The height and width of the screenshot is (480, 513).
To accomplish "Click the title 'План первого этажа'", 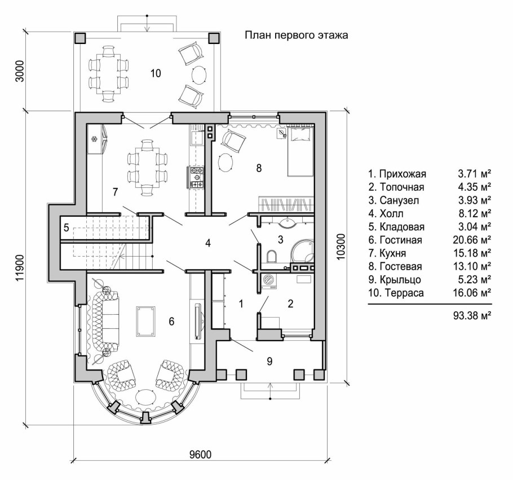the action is [x=297, y=35].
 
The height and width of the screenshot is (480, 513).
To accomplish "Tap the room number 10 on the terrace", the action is [x=156, y=73].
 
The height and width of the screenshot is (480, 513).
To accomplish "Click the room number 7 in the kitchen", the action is [x=115, y=192].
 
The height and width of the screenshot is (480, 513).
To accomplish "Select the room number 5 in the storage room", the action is [x=67, y=227].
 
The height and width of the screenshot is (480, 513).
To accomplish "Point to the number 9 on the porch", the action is [x=269, y=361].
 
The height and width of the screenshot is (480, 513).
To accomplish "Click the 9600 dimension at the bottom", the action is [x=200, y=454].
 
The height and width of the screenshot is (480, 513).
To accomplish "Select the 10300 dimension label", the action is [x=340, y=247].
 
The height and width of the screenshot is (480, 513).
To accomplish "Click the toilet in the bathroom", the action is [x=272, y=257].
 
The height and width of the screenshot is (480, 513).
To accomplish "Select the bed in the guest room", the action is [x=300, y=152].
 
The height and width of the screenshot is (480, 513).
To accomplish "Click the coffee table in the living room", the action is [x=146, y=321].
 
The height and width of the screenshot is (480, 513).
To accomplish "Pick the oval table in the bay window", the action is [x=146, y=398].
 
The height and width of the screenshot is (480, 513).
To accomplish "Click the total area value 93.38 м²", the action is [x=472, y=315].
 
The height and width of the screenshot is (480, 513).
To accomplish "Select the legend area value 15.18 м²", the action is [x=472, y=253].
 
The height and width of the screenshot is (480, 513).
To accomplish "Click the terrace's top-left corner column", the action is [x=80, y=38].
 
